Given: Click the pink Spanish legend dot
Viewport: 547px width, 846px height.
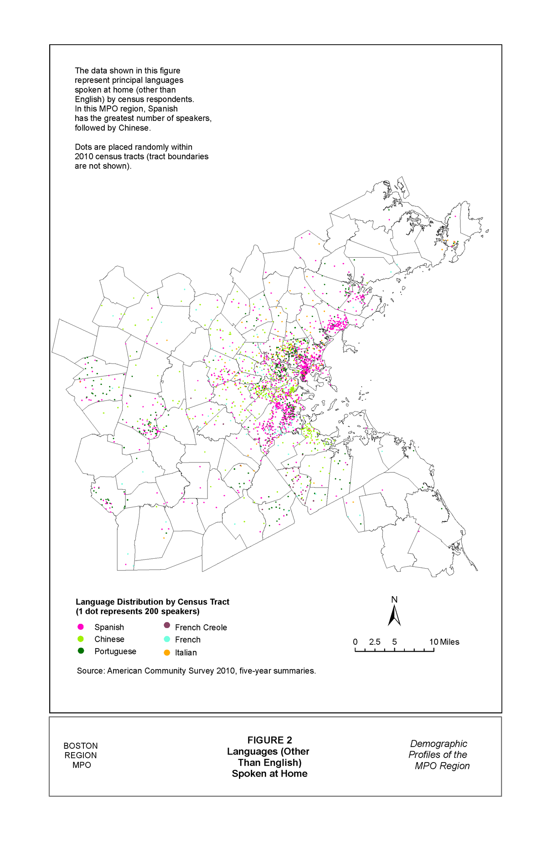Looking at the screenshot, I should click(x=81, y=627).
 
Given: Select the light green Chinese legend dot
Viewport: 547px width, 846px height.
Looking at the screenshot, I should click(x=81, y=639).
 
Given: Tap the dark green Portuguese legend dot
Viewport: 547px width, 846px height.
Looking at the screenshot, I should click(x=81, y=651).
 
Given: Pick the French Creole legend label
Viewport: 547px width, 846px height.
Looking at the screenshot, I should click(x=201, y=628).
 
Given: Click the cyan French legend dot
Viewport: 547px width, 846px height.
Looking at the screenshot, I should click(x=167, y=639).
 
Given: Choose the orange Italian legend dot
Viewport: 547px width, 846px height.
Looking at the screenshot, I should click(x=167, y=653).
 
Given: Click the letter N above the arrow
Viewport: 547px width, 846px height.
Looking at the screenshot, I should click(x=394, y=600).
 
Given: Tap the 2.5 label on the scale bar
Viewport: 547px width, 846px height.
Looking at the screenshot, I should click(x=375, y=642).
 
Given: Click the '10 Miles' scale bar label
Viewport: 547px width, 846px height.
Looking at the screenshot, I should click(x=444, y=642).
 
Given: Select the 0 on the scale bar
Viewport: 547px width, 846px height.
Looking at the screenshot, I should click(x=355, y=642).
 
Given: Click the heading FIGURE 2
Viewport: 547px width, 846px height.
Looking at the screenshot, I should click(x=269, y=740).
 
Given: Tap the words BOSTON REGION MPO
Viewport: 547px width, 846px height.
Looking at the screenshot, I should click(x=81, y=755).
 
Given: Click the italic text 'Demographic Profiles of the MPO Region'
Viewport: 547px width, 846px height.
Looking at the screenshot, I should click(x=439, y=755).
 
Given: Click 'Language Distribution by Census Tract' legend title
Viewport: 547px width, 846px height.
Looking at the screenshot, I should click(x=152, y=602).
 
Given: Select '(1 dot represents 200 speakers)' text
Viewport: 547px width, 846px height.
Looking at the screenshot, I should click(x=138, y=612).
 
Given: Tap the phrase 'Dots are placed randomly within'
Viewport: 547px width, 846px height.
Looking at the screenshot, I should click(x=133, y=147).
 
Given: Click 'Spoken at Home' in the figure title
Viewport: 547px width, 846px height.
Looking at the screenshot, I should click(x=269, y=774).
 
